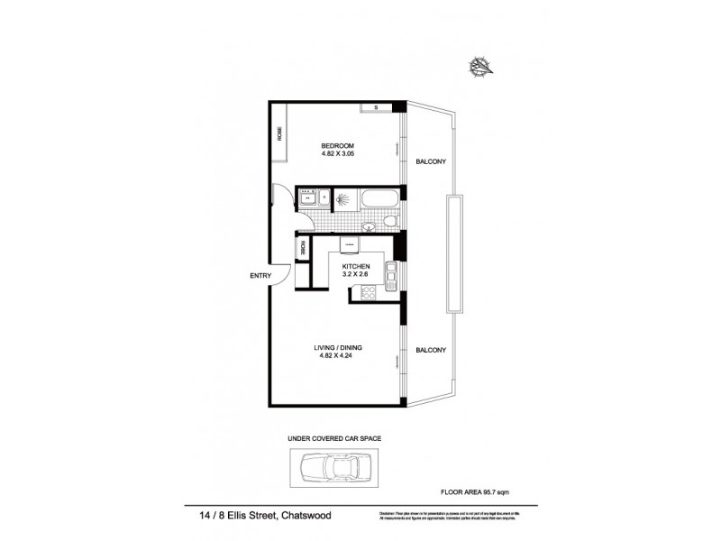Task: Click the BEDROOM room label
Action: [x=337, y=146]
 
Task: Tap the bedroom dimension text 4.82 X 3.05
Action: [x=337, y=154]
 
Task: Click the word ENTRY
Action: [x=260, y=276]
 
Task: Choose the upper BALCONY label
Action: [x=429, y=162]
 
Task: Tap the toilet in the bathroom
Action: [x=386, y=222]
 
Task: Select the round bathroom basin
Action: [x=370, y=225]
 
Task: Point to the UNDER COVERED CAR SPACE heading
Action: [x=334, y=437]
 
